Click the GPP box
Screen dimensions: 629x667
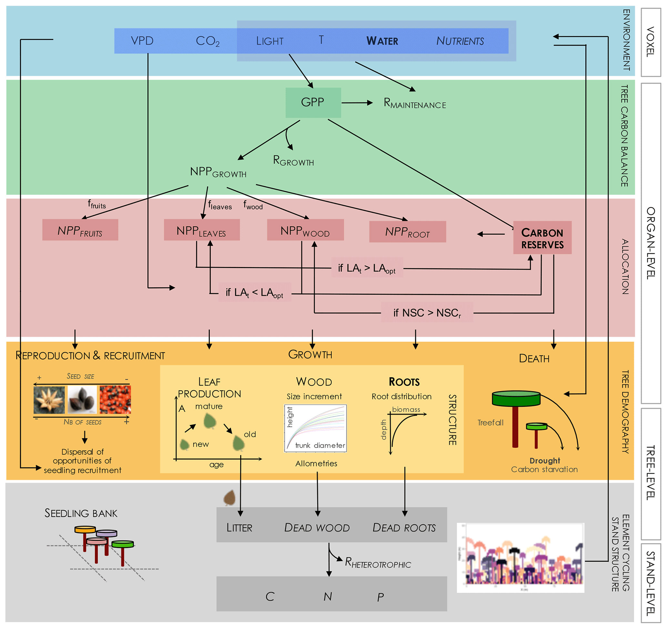click(313, 102)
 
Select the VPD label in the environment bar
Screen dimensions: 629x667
click(142, 41)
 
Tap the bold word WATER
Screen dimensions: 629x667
click(382, 41)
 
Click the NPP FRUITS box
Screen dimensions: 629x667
click(80, 230)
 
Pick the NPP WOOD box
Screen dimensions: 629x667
click(305, 230)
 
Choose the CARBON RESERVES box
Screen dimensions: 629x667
click(542, 238)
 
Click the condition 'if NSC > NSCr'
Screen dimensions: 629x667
click(427, 313)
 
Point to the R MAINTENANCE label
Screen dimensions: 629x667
click(415, 103)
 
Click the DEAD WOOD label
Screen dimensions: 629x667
click(317, 528)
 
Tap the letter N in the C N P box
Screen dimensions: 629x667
click(328, 596)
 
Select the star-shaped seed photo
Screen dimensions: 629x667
click(49, 400)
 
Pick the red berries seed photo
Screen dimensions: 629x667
click(115, 400)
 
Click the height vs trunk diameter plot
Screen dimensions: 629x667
click(315, 428)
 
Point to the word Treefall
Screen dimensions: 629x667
click(490, 423)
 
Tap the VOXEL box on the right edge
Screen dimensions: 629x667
click(651, 42)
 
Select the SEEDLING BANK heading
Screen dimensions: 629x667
click(81, 513)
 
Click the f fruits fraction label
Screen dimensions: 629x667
click(96, 204)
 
